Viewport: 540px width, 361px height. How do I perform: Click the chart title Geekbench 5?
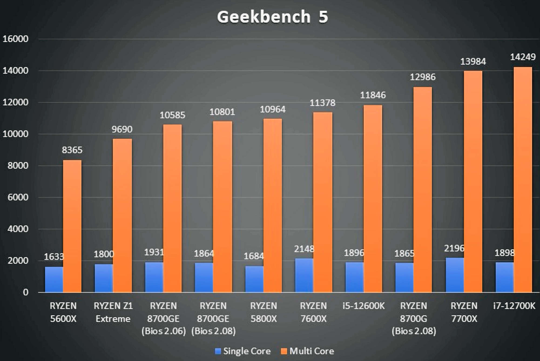click(272, 17)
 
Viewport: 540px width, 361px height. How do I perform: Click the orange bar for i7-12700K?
click(523, 180)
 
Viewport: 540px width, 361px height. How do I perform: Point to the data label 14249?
click(523, 57)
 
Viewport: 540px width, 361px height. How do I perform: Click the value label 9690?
click(122, 129)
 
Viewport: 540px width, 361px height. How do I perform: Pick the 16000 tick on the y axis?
click(15, 39)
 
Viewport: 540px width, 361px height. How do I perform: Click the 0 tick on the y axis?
click(26, 292)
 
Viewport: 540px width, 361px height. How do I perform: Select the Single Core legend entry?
click(243, 351)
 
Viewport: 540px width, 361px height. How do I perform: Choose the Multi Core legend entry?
click(308, 351)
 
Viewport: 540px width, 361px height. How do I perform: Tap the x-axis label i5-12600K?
click(363, 306)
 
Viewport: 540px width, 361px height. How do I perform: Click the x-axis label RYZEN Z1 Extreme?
click(113, 312)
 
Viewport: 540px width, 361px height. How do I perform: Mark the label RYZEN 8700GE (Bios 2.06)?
click(164, 319)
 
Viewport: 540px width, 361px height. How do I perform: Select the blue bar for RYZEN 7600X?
click(304, 275)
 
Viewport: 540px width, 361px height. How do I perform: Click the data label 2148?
click(304, 249)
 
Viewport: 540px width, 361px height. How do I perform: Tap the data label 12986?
click(423, 77)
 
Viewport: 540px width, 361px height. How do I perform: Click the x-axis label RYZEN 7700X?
click(464, 312)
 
